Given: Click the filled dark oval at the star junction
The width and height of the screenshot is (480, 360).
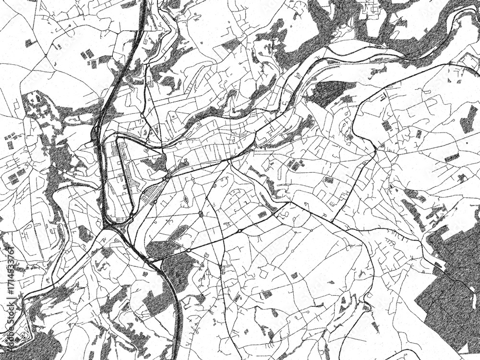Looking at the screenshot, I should pyautogui.click(x=201, y=214).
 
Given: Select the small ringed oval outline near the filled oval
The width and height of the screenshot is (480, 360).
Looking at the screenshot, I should pyautogui.click(x=186, y=198).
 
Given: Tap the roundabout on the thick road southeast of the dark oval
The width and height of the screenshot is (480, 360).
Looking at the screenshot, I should pyautogui.click(x=239, y=231).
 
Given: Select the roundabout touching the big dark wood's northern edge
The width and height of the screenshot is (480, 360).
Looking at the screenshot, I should pyautogui.click(x=189, y=250).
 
